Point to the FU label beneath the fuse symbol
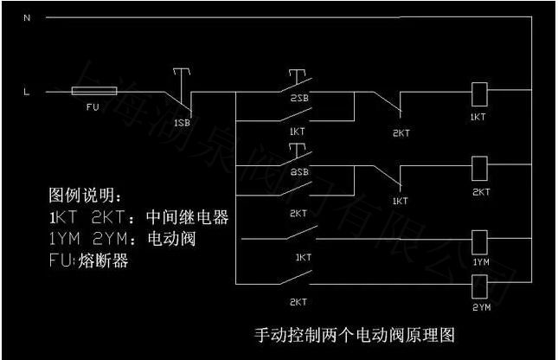pyautogui.click(x=93, y=106)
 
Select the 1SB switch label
pyautogui.click(x=182, y=123)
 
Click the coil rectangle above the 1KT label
pyautogui.click(x=477, y=90)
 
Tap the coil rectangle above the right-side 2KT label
pyautogui.click(x=477, y=166)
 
